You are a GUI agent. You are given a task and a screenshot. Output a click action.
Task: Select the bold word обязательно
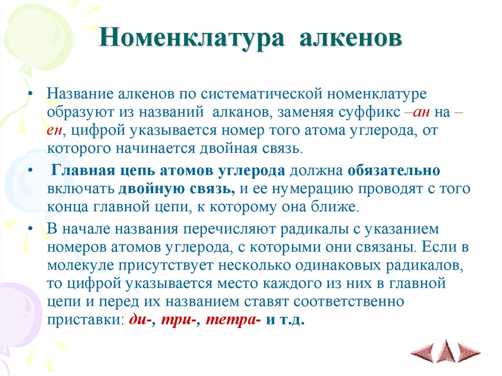coord(394,171)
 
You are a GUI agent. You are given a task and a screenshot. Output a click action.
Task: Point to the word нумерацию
coord(316,189)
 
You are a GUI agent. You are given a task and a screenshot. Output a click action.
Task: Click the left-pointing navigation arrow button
coord(423,352)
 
